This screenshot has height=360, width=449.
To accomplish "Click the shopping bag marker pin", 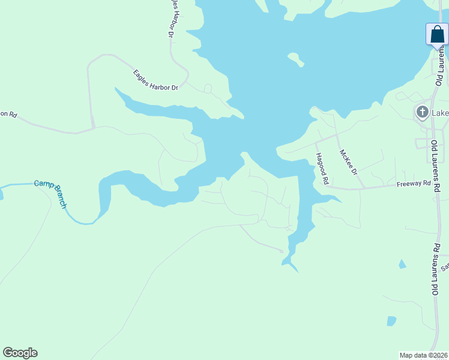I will click(437, 35).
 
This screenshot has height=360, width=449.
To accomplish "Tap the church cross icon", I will click(422, 112).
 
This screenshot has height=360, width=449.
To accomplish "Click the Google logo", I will click(20, 353).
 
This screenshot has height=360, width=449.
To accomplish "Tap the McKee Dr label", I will click(348, 162).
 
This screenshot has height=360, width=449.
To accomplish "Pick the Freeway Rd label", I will click(414, 184).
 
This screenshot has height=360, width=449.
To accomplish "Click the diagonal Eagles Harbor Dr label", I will click(155, 80).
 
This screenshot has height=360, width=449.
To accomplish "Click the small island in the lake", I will click(295, 59).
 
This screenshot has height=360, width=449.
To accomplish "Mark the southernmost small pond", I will click(391, 321).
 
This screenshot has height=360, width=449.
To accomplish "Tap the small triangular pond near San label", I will click(402, 264).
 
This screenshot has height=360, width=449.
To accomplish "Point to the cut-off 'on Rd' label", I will click(8, 113).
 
